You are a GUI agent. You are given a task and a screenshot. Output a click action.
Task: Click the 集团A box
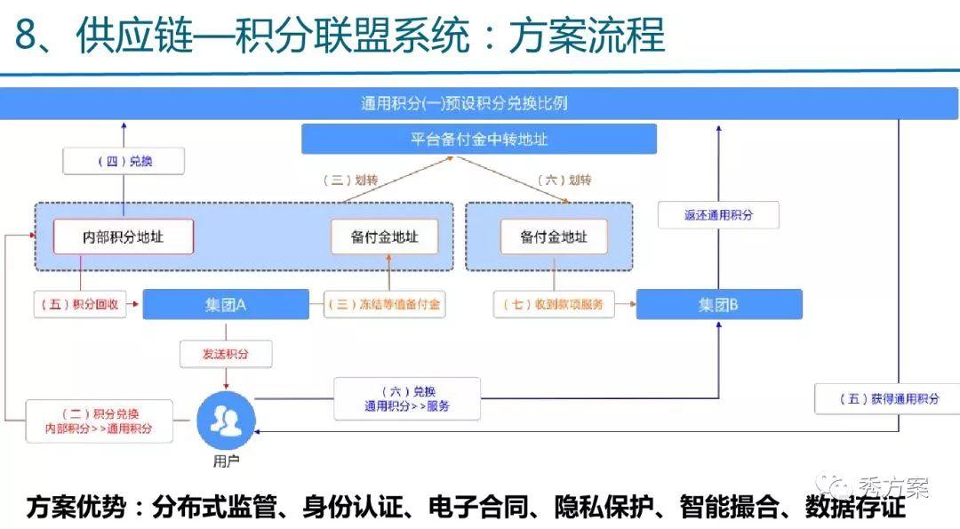(226, 304)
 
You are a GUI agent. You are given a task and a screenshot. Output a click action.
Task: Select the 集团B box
(719, 304)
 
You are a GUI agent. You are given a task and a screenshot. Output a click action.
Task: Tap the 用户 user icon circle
(226, 421)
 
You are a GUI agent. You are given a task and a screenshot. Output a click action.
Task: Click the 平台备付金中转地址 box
(479, 139)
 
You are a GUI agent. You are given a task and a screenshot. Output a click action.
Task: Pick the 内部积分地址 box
(123, 236)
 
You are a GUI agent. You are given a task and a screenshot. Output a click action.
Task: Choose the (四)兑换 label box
(124, 161)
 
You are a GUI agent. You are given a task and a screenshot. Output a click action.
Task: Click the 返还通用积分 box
(718, 215)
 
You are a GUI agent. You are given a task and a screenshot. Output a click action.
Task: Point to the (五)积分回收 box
(80, 304)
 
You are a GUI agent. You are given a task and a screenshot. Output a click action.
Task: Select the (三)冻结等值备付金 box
(385, 304)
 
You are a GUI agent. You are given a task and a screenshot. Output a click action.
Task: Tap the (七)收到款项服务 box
(554, 304)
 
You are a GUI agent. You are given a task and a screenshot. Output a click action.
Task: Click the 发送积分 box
(226, 354)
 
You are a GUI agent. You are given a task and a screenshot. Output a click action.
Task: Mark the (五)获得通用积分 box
(889, 398)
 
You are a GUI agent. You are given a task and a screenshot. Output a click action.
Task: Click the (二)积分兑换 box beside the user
(100, 421)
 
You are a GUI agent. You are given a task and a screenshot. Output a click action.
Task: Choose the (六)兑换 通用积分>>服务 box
(407, 398)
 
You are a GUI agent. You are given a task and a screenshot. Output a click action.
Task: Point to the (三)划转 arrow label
(350, 180)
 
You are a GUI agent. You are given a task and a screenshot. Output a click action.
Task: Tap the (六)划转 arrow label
(564, 180)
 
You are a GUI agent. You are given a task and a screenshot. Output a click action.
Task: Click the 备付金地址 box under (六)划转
(554, 236)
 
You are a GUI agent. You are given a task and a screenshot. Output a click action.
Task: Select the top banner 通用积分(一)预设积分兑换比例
(479, 103)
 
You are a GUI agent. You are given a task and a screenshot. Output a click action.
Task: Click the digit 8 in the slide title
(27, 35)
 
